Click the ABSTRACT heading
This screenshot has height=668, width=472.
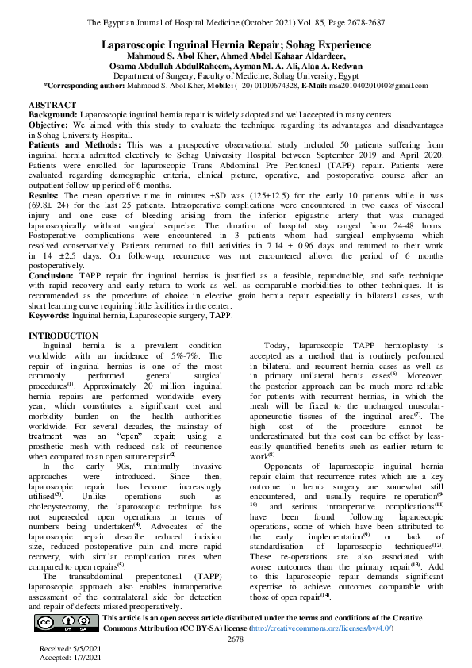coord(52,105)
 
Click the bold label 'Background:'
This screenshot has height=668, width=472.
coord(53,115)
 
